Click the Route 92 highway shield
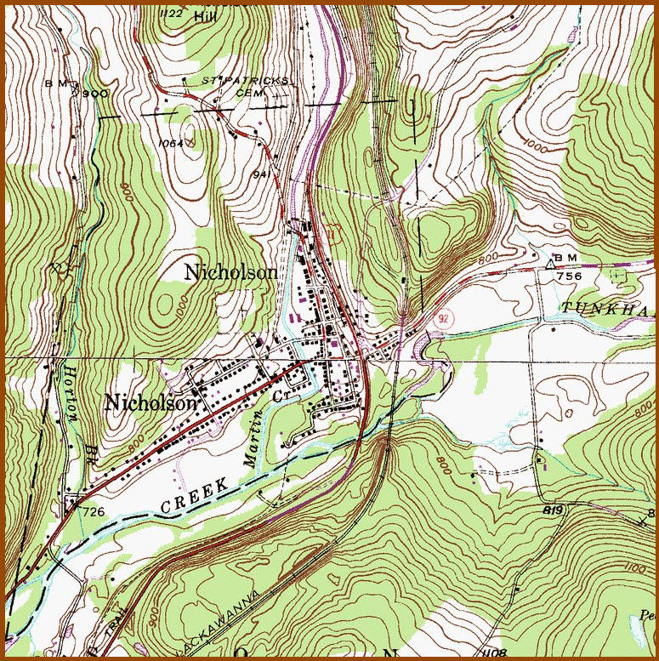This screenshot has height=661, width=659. click(x=441, y=317)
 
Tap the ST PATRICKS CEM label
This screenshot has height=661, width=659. click(x=247, y=85)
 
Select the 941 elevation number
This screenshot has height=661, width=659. click(x=261, y=174)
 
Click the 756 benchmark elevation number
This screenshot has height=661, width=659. click(x=569, y=276)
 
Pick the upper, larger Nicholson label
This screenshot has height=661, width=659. click(x=230, y=272)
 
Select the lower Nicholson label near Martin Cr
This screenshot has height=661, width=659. click(x=151, y=403)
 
